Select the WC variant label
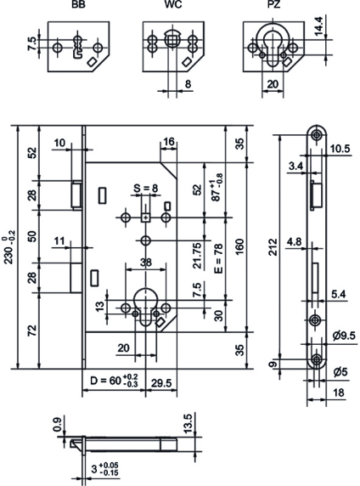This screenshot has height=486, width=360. click(x=172, y=5)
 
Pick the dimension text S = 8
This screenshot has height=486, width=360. click(x=145, y=188)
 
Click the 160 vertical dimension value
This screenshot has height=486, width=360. click(x=240, y=247)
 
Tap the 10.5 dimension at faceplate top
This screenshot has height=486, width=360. click(x=340, y=147)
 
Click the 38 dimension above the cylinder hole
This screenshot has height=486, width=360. click(x=149, y=263)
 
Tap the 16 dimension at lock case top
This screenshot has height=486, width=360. click(x=168, y=141)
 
